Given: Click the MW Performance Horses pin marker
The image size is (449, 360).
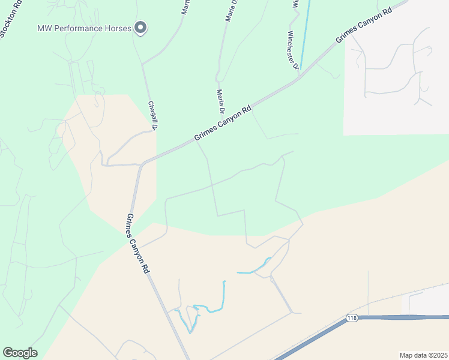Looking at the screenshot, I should point(140,28).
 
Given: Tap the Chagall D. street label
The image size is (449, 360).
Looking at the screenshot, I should point(152,115).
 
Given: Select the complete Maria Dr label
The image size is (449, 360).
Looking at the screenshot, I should point(220,102).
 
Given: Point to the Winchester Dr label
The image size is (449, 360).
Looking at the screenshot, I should point(293,49).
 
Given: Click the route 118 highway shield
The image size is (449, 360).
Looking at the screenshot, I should point(352,317).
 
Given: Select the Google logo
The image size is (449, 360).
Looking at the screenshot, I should point(20,353).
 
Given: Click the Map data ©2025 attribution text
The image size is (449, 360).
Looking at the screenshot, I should point(423,355).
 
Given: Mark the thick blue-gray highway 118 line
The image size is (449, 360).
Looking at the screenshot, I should point(408,317).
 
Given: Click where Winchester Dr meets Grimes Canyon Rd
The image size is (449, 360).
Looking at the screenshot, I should point(300,77).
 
